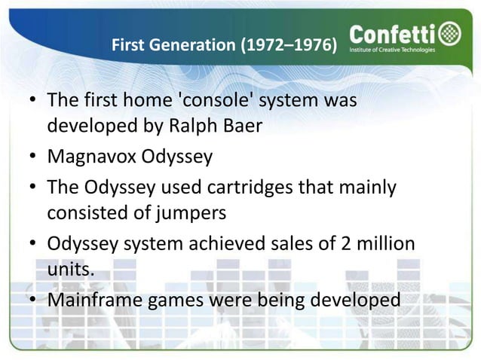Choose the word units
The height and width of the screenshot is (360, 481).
71,270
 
